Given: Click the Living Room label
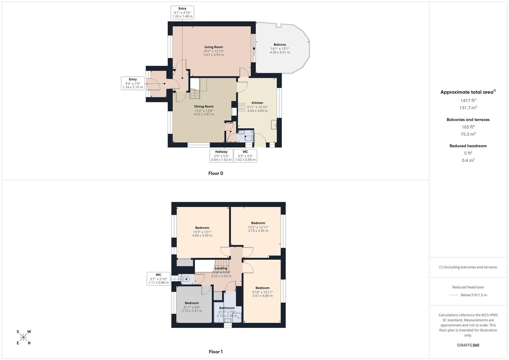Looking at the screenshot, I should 214,47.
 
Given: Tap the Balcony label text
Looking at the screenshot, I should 280,45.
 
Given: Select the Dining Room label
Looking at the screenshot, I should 204,107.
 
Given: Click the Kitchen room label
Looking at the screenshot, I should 257,103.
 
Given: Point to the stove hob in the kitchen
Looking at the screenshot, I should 242,107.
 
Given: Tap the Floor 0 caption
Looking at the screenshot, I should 216,173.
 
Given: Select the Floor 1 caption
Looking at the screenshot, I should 216,352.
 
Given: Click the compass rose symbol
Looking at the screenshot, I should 24,337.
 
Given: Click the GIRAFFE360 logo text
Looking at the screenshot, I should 468,345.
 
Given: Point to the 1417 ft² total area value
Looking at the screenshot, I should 468,100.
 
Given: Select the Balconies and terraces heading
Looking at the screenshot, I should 468,120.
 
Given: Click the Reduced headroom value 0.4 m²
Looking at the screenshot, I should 468,160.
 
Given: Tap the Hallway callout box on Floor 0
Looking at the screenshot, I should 221,156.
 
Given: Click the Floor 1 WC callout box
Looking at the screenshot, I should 158,279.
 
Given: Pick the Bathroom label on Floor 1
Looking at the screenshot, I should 227,308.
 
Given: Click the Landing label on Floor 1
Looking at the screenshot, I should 221,268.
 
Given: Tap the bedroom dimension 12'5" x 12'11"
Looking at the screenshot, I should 258,227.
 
